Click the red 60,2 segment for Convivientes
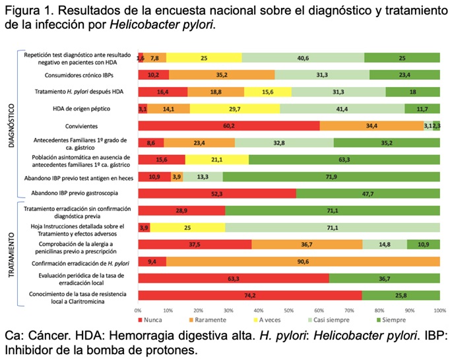[x=228, y=126]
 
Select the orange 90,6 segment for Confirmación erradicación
[x=304, y=261]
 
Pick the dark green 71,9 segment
[x=331, y=177]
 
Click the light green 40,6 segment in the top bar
[x=303, y=58]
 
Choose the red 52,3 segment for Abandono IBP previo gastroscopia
[x=217, y=194]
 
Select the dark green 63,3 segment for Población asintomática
[x=344, y=160]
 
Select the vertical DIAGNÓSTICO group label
[x=11, y=125]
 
